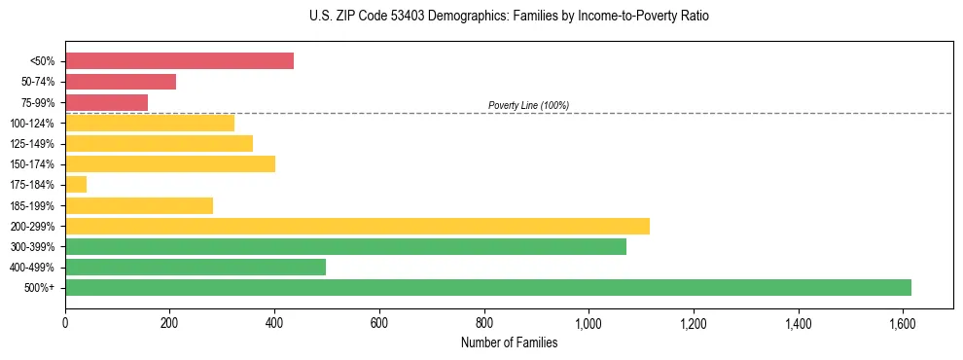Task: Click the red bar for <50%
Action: tap(179, 61)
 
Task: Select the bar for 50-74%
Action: tap(121, 82)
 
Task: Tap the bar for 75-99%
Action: tap(106, 102)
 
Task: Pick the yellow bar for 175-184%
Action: tap(76, 184)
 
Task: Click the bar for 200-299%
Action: tap(357, 226)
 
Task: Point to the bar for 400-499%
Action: tap(196, 267)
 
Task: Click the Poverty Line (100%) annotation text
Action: tap(528, 105)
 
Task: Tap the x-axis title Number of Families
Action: tap(509, 342)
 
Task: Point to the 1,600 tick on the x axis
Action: tap(903, 321)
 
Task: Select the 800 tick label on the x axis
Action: tap(483, 321)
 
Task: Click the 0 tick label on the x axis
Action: tap(65, 321)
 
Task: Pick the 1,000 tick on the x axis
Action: tap(588, 321)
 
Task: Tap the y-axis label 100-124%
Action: tap(32, 124)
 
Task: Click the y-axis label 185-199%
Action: tap(32, 205)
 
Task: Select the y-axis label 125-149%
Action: tap(32, 144)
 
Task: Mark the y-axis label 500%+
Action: tap(40, 288)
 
